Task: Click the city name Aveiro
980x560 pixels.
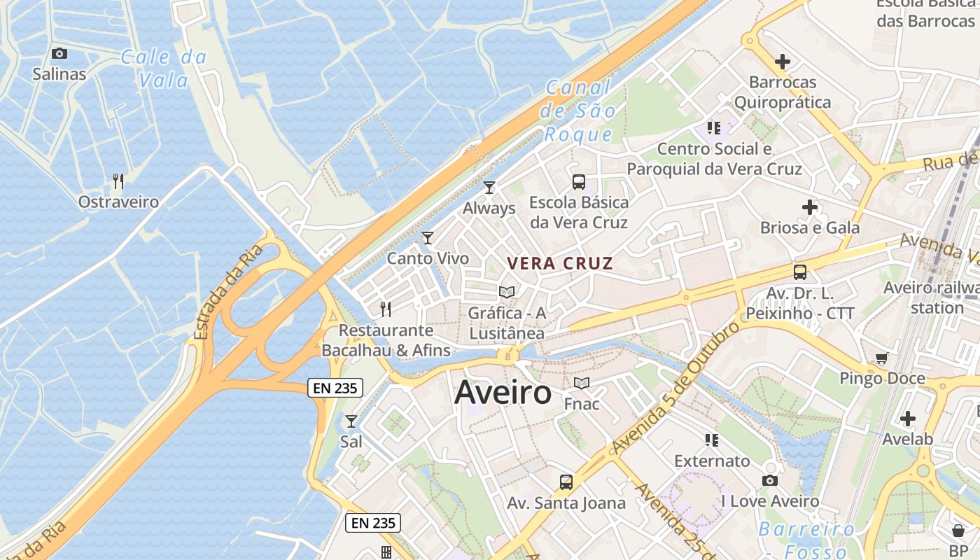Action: tap(503, 393)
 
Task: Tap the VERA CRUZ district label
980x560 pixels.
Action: tap(560, 264)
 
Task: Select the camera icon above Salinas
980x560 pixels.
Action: tap(59, 53)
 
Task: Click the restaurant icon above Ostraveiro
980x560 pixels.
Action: tap(118, 181)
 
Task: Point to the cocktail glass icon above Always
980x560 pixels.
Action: tap(489, 188)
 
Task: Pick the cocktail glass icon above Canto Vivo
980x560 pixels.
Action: tap(428, 238)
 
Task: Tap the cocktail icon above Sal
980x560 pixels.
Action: tap(351, 421)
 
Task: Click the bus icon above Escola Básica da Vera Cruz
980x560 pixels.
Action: tap(579, 182)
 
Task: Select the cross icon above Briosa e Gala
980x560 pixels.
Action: tap(810, 207)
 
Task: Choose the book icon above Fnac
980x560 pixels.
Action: tap(581, 383)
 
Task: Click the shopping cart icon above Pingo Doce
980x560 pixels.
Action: tap(881, 358)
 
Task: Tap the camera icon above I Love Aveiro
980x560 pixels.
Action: tap(770, 480)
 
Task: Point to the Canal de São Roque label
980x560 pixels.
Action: tap(580, 111)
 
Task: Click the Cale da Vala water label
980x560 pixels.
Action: tap(164, 69)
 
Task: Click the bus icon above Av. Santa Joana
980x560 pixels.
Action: tap(566, 482)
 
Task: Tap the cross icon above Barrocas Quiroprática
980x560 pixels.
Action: tap(783, 62)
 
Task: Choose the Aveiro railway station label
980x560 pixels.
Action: tap(932, 297)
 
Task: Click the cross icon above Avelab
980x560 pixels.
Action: tap(907, 419)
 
